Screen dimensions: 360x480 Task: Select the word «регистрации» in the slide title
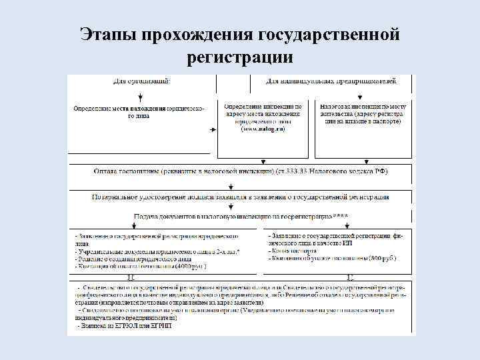point(241,57)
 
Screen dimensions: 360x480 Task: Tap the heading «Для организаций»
point(141,81)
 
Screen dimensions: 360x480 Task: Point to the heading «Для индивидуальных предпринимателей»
point(331,81)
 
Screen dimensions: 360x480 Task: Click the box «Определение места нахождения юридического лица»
point(139,111)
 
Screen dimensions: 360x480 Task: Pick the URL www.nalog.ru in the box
point(263,129)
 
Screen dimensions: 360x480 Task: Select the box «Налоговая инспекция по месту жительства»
point(362,111)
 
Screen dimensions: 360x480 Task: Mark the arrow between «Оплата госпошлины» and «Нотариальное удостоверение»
point(231,185)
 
